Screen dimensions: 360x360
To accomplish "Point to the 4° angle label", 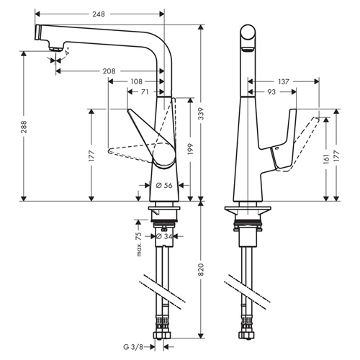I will [68, 52].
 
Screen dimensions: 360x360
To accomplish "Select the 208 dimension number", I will [109, 71].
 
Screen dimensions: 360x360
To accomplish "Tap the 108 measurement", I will [136, 81].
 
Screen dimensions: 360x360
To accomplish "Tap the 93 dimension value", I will [273, 92].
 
